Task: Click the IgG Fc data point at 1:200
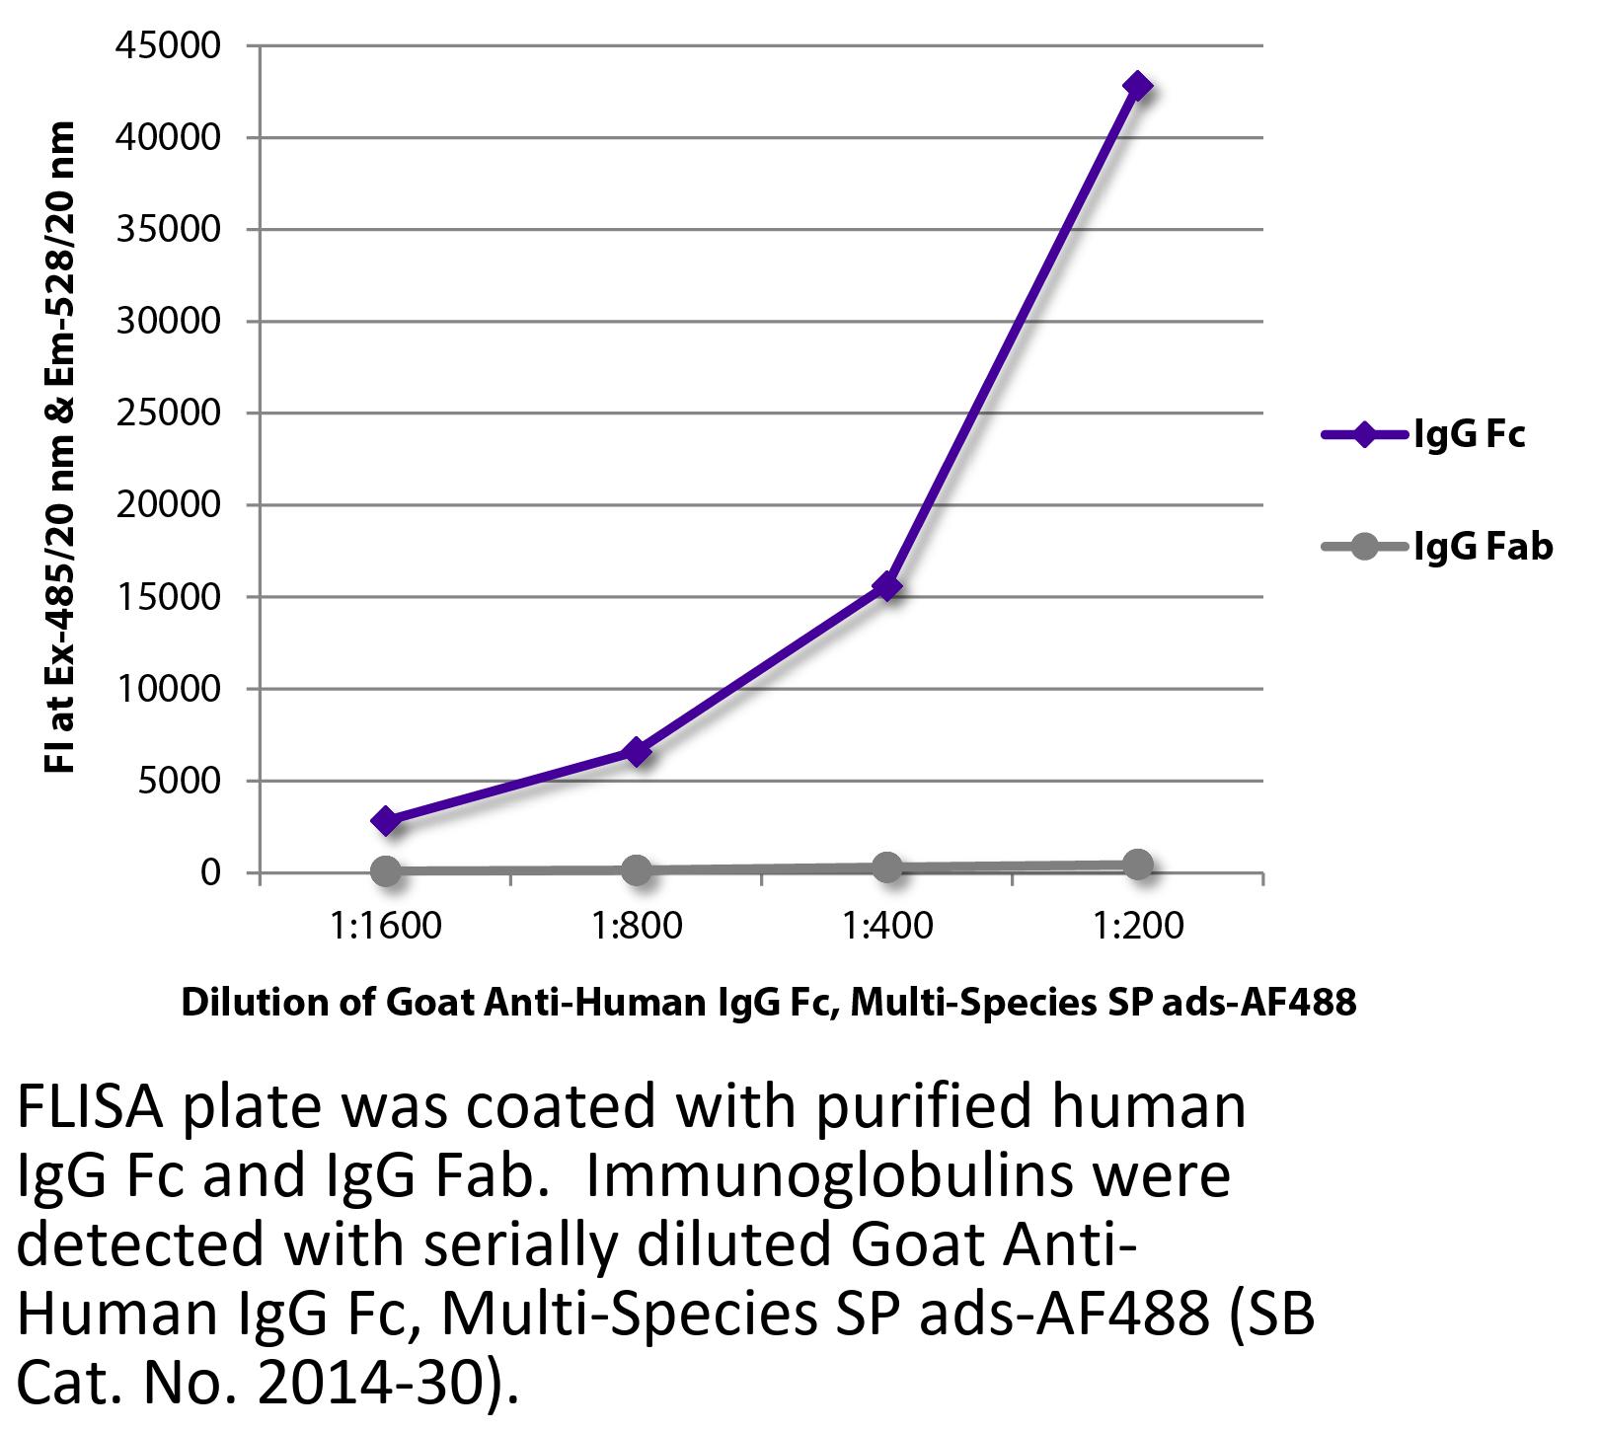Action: (1137, 86)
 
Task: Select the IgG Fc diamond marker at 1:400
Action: (887, 586)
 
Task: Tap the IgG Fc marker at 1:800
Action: (637, 752)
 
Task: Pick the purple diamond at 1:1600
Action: (386, 820)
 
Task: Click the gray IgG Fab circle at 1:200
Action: (1137, 865)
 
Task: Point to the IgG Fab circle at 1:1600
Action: (386, 870)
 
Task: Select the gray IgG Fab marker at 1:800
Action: (637, 869)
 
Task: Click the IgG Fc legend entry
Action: (1424, 434)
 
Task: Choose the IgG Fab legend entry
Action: (1436, 546)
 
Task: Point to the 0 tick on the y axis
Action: (208, 873)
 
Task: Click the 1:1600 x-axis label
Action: (386, 927)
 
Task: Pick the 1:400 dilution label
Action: (887, 927)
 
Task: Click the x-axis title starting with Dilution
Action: (768, 1002)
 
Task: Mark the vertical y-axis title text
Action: (61, 449)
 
